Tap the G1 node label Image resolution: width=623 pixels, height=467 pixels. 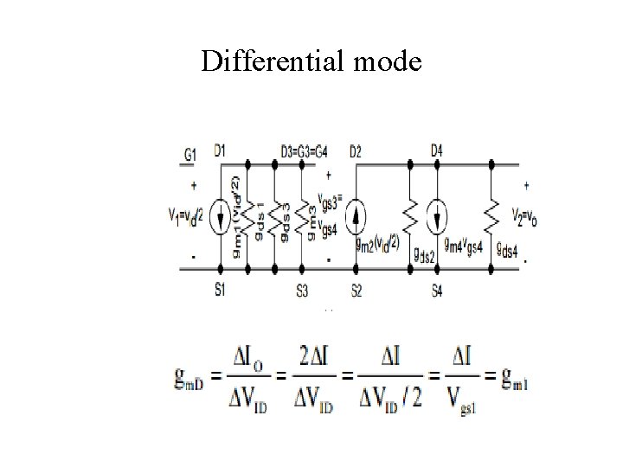(x=191, y=153)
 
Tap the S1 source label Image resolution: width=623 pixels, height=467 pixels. (x=220, y=290)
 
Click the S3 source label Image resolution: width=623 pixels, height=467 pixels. (x=302, y=290)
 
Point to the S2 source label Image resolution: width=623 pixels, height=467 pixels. (x=356, y=290)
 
